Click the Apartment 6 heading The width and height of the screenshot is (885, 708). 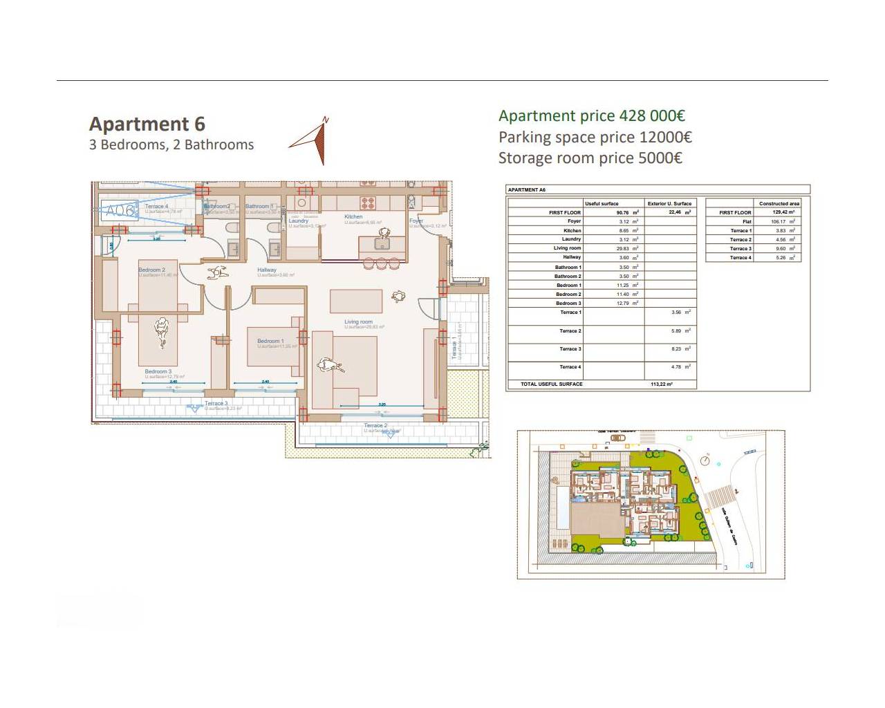pos(147,124)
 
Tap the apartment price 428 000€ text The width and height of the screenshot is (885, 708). pos(592,116)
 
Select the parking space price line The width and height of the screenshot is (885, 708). pos(595,137)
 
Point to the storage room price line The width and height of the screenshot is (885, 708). pos(590,158)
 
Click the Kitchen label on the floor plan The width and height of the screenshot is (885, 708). pos(353,216)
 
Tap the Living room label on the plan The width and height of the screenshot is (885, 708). pos(358,322)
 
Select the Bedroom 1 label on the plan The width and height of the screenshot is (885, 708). pos(270,341)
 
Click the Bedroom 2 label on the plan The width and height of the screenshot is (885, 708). pos(151,270)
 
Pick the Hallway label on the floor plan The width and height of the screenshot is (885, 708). pos(267,270)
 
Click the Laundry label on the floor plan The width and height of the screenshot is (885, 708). pos(299,221)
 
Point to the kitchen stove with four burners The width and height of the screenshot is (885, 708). pos(368,203)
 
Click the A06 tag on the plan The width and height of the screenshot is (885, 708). pos(119,210)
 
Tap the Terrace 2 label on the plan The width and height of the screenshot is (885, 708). pos(375,425)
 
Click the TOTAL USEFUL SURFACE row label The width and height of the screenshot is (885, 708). pos(552,384)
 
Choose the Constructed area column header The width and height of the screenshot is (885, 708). pos(779,203)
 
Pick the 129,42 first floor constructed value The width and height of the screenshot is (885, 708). pos(783,212)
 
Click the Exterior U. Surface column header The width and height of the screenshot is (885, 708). pos(669,203)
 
